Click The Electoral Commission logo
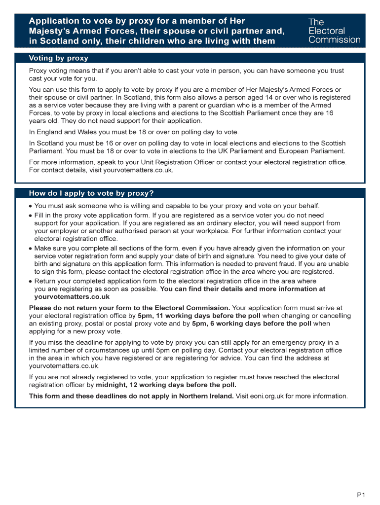[x=334, y=31]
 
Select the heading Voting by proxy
[x=58, y=58]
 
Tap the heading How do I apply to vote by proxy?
[x=91, y=193]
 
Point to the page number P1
[x=361, y=495]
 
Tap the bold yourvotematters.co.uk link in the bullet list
[x=72, y=297]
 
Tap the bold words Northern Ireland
[x=206, y=396]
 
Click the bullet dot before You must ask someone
[x=31, y=206]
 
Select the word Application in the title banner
[x=54, y=21]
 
